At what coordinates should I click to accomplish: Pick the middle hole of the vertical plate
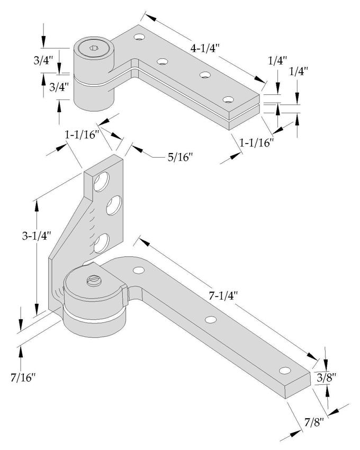pyautogui.click(x=114, y=205)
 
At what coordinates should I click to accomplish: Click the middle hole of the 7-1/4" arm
pyautogui.click(x=211, y=320)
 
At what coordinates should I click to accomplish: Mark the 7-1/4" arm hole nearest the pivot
pyautogui.click(x=139, y=271)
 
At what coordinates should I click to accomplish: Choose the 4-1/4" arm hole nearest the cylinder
pyautogui.click(x=139, y=38)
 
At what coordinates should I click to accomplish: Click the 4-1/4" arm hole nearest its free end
pyautogui.click(x=228, y=100)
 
